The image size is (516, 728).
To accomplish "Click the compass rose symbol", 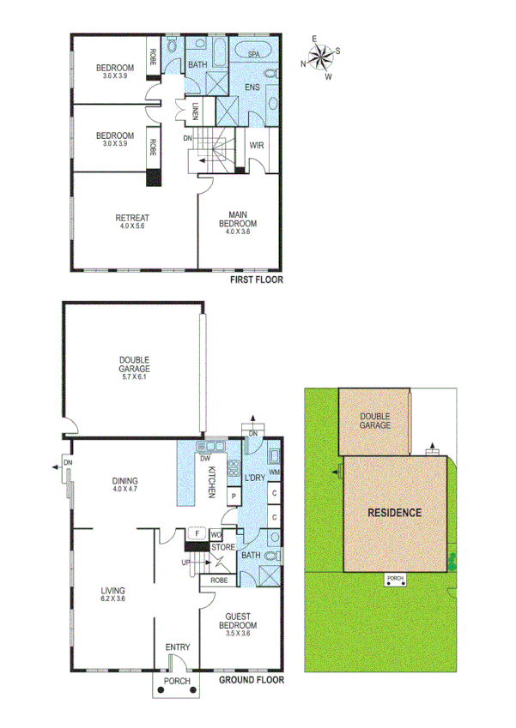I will tap(321, 57).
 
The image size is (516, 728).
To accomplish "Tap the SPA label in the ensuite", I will tap(254, 54).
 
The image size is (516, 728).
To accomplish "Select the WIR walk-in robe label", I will tap(256, 145).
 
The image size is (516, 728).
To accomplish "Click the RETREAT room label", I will tap(131, 218).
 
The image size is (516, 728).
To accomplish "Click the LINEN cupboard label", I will tap(196, 111).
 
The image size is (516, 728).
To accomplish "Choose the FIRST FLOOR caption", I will tap(256, 280).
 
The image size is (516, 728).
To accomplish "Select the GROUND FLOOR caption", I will tap(251, 680).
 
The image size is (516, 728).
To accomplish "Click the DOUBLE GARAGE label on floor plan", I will tap(134, 364).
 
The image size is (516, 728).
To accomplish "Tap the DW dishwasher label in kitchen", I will tap(206, 458).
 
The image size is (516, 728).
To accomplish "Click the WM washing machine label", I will tap(274, 472).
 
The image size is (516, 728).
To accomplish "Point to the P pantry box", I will tap(233, 496).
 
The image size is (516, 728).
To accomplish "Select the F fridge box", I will tap(197, 533).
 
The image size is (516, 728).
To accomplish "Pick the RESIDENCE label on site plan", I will tap(394, 513).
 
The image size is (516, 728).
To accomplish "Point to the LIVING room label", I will tap(112, 591).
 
